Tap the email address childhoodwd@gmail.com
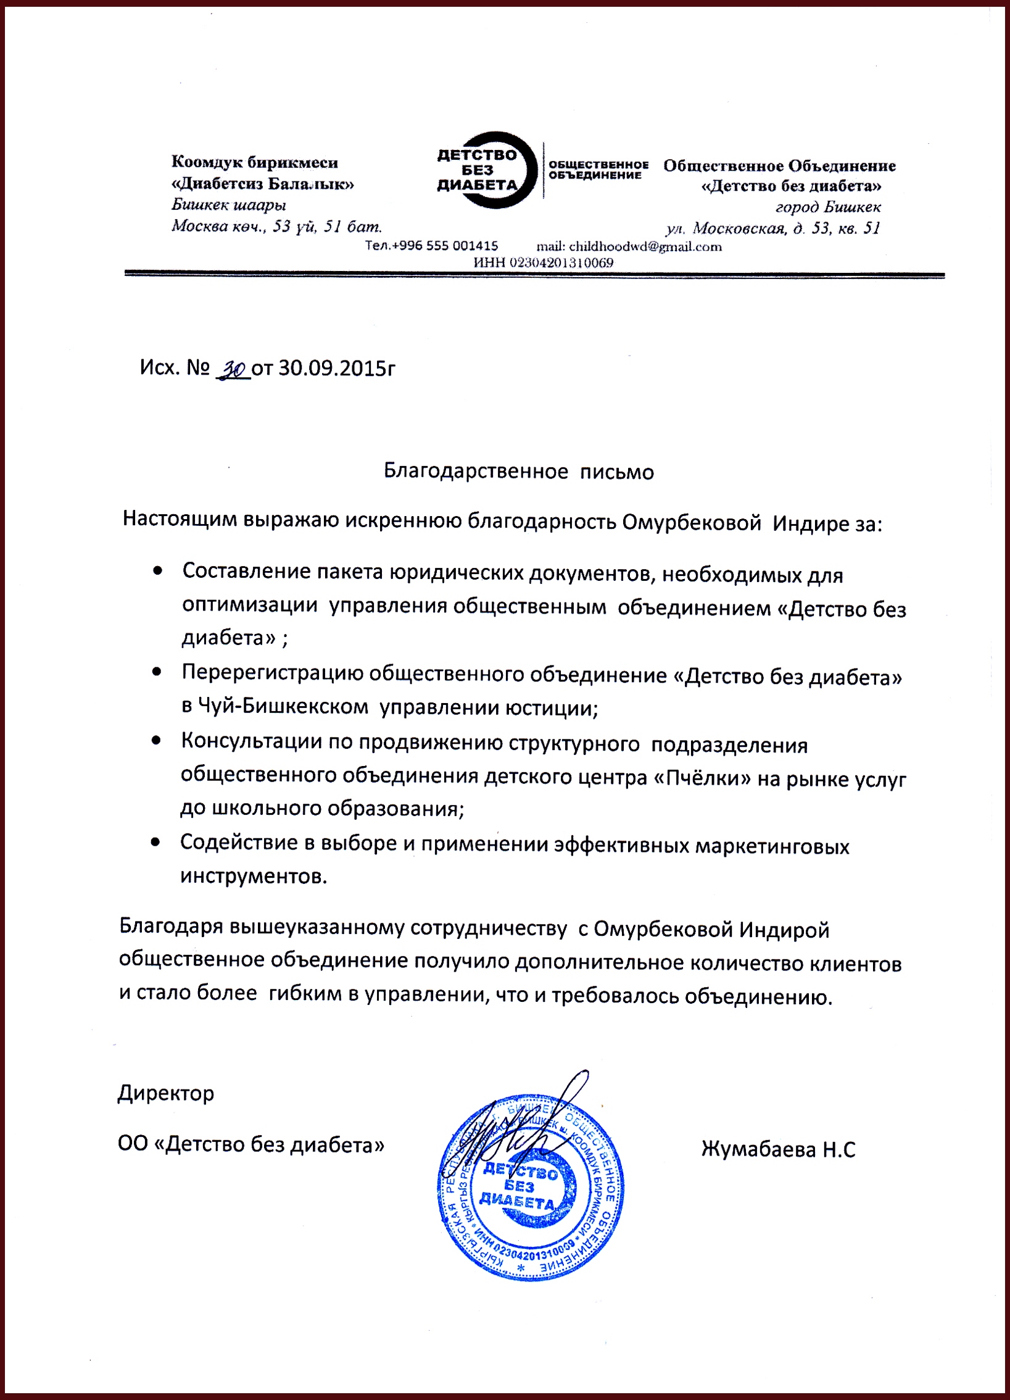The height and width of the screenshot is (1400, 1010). [629, 247]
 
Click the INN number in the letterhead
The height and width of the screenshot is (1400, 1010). [544, 262]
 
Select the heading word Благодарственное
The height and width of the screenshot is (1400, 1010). [475, 472]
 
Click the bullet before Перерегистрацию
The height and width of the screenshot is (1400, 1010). [158, 672]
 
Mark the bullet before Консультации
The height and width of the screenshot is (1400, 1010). [158, 740]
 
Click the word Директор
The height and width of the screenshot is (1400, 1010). [166, 1093]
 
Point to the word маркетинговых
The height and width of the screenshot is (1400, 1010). [772, 846]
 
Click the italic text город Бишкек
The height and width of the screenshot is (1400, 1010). [828, 207]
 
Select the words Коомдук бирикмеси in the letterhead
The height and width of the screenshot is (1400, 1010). [254, 163]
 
